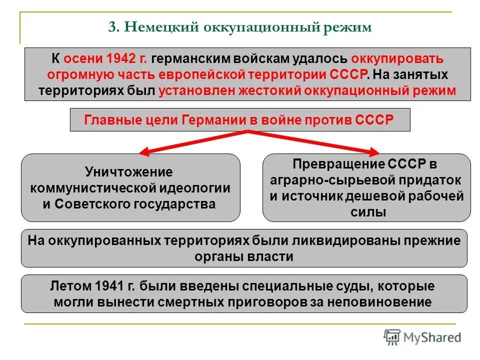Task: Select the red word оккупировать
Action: pyautogui.click(x=400, y=58)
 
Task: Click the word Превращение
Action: pyautogui.click(x=338, y=164)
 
